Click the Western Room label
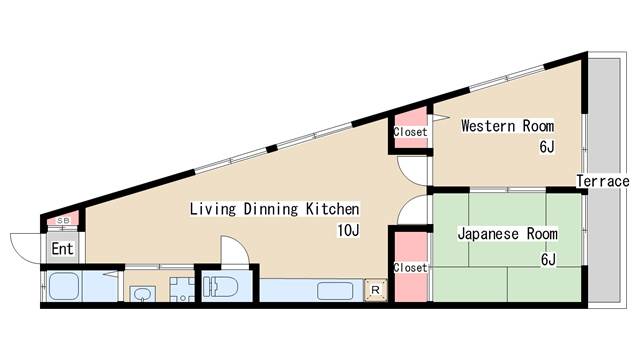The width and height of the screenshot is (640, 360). (507, 126)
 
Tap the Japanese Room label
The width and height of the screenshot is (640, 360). (507, 234)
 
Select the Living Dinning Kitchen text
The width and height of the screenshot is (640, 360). (274, 209)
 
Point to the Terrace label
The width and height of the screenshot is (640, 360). (602, 181)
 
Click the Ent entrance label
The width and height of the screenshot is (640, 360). (62, 249)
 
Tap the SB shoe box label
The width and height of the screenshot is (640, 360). (63, 220)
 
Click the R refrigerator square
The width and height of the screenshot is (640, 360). (376, 290)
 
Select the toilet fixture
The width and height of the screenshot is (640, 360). (220, 287)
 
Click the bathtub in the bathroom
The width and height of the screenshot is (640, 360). (64, 287)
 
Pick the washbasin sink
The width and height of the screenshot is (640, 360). (142, 293)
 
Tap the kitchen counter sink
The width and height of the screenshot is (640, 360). (335, 291)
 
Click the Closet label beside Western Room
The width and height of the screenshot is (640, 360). (410, 132)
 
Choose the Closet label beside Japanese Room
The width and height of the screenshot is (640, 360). (410, 268)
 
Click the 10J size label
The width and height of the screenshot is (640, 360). (348, 231)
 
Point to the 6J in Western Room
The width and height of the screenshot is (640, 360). (547, 147)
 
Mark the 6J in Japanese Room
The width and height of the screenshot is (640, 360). (548, 259)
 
